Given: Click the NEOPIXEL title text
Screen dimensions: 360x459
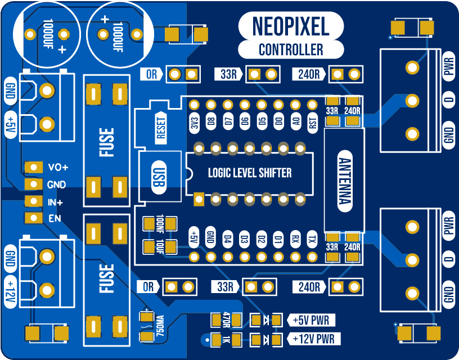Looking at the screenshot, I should [x=291, y=26].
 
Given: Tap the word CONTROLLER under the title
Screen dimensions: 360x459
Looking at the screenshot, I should [x=291, y=49].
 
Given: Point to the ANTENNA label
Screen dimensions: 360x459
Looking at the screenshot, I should [x=344, y=180].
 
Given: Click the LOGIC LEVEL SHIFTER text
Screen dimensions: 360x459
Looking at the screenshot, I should [x=250, y=173].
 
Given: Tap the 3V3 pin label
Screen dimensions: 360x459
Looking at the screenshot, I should [x=194, y=123].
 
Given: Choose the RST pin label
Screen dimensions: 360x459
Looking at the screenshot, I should [x=312, y=123].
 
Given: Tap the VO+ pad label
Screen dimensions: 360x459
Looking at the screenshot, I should [x=58, y=167].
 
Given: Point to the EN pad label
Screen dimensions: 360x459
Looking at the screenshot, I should [x=55, y=218].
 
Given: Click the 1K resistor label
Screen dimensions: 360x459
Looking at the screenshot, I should [x=227, y=339].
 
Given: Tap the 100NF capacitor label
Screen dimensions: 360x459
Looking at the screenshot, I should [x=160, y=224].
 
